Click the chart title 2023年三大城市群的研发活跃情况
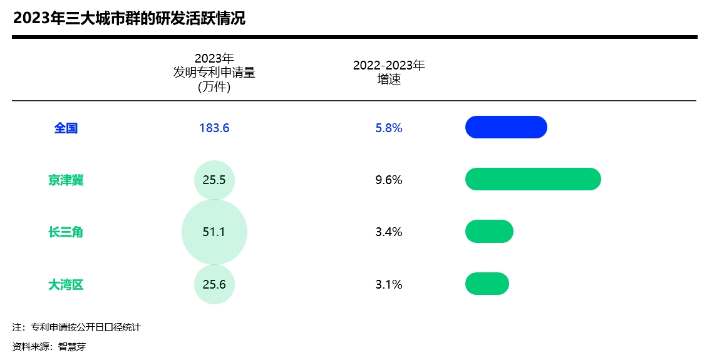click(x=129, y=18)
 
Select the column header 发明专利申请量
click(x=214, y=73)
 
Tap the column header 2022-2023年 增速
click(x=389, y=72)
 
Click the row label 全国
click(x=66, y=128)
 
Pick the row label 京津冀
click(x=66, y=180)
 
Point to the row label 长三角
click(x=66, y=232)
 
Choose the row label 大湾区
click(x=66, y=285)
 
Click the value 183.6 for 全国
click(x=214, y=128)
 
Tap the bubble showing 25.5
click(x=214, y=180)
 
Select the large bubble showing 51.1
click(x=214, y=232)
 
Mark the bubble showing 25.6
click(x=214, y=285)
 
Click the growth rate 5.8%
click(x=389, y=128)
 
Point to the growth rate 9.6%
click(x=389, y=180)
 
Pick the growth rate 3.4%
click(x=389, y=232)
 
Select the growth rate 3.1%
click(x=389, y=285)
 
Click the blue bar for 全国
click(x=506, y=127)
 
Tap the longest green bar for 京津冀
click(x=533, y=179)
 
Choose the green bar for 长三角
click(x=489, y=232)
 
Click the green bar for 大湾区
click(x=487, y=284)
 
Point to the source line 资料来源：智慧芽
click(x=49, y=346)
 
